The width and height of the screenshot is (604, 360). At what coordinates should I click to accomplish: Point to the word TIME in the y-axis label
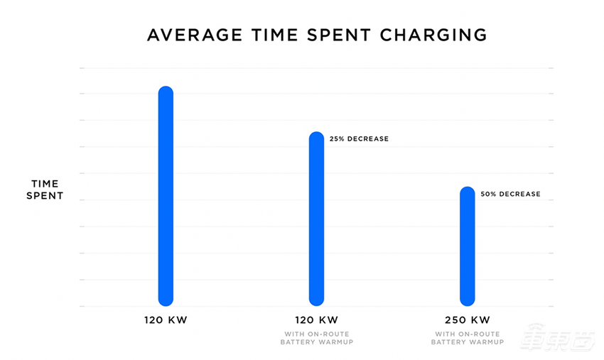pyautogui.click(x=45, y=184)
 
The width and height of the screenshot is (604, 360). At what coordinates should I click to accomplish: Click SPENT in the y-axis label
pyautogui.click(x=45, y=196)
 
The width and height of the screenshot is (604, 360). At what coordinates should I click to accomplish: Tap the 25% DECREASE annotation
pyautogui.click(x=359, y=139)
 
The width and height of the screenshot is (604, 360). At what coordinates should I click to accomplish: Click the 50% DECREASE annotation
pyautogui.click(x=510, y=194)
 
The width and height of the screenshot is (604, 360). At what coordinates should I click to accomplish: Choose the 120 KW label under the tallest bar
pyautogui.click(x=166, y=320)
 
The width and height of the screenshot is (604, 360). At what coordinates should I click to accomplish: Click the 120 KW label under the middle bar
pyautogui.click(x=316, y=320)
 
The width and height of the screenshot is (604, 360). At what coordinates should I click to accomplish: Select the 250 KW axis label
pyautogui.click(x=467, y=320)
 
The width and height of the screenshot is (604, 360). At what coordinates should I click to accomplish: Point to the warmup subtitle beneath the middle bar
pyautogui.click(x=316, y=338)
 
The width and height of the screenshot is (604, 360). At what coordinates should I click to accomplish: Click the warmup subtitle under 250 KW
pyautogui.click(x=467, y=338)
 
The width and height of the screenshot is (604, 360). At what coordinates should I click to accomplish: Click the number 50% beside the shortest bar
pyautogui.click(x=488, y=194)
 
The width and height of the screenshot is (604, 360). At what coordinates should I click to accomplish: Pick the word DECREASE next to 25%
pyautogui.click(x=368, y=139)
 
